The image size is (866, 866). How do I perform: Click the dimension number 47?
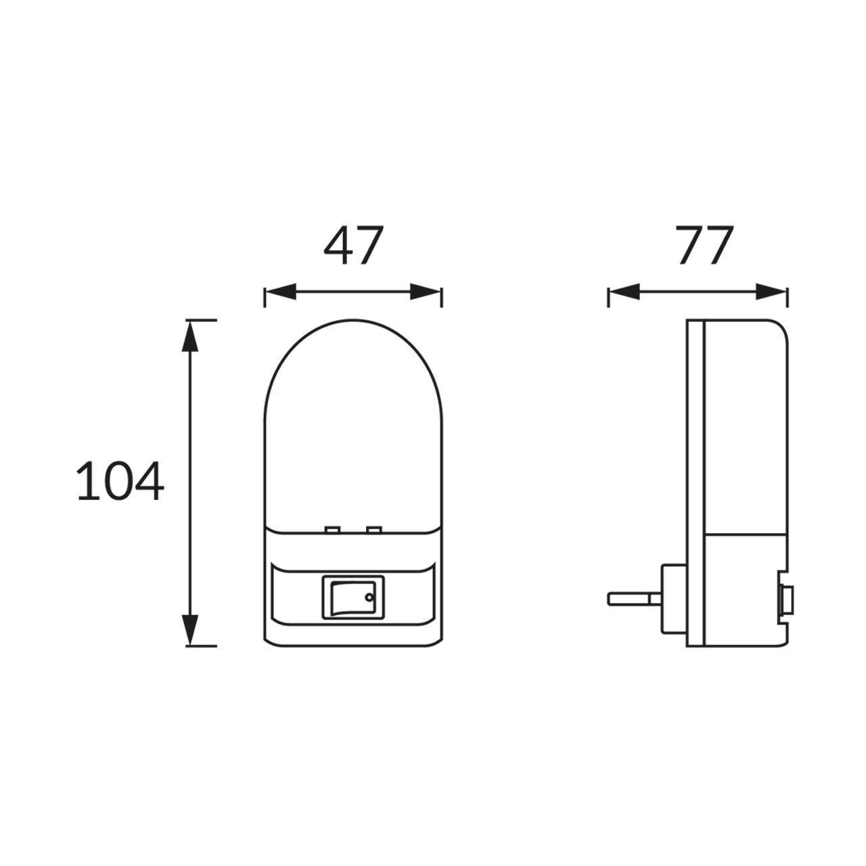[354, 245]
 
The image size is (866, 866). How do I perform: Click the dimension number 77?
[704, 245]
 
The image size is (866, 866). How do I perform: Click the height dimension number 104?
[120, 481]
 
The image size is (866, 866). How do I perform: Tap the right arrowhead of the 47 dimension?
[425, 292]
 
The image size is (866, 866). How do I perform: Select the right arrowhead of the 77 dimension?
[771, 292]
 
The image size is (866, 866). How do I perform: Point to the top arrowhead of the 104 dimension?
[190, 336]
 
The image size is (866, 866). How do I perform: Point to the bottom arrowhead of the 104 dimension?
[190, 630]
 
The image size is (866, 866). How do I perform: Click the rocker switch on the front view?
[353, 597]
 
